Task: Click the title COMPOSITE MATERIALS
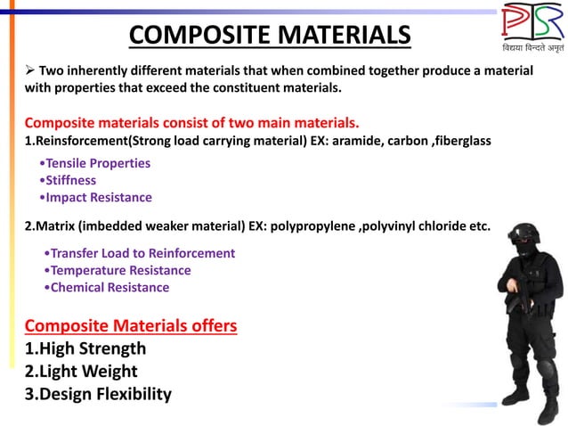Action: pyautogui.click(x=270, y=35)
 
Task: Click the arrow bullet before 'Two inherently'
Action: pyautogui.click(x=29, y=70)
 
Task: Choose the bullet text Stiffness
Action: pyautogui.click(x=74, y=180)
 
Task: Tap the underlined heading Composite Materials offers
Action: pyautogui.click(x=131, y=325)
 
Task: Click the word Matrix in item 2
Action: pyautogui.click(x=54, y=225)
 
